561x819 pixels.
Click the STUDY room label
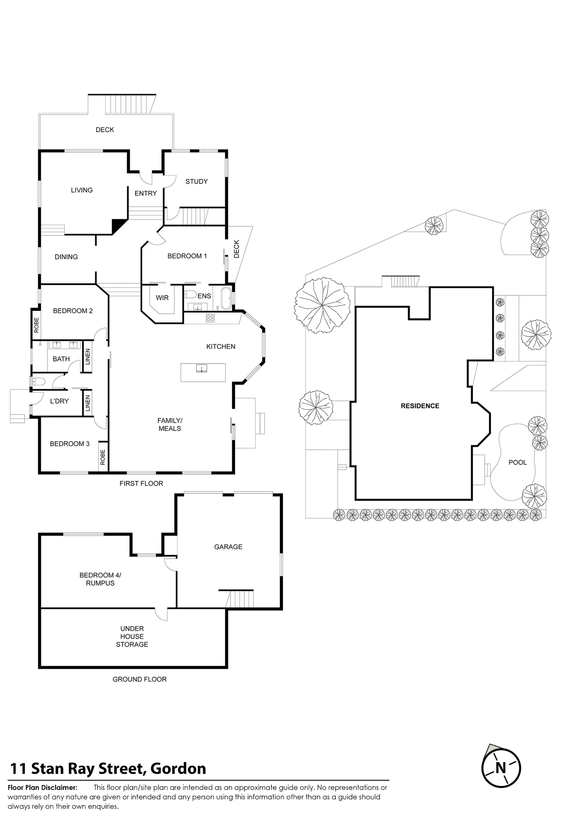point(197,181)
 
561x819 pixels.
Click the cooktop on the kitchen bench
point(210,318)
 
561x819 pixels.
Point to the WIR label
point(162,298)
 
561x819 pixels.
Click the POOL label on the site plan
point(518,462)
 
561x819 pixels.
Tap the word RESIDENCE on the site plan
point(420,406)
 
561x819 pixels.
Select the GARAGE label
point(228,547)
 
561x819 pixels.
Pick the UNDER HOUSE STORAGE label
point(132,636)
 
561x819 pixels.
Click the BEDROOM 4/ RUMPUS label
point(100,579)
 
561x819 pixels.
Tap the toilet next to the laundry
point(38,382)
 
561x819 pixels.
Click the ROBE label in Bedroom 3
point(103,457)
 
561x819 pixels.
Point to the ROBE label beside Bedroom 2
point(36,325)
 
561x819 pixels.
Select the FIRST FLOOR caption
point(141,483)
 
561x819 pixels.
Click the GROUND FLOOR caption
point(140,679)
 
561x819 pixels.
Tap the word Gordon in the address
point(178,769)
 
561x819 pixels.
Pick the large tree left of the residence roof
point(322,305)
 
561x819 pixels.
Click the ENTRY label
point(146,193)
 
